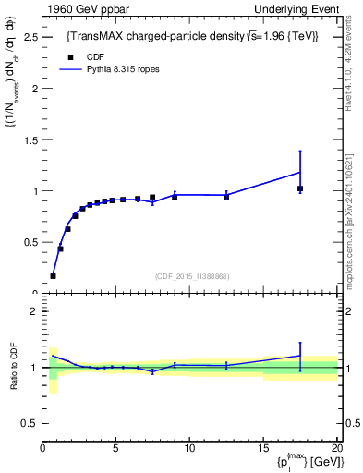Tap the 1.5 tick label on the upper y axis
pos(31,140)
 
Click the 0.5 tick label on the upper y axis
pos(31,242)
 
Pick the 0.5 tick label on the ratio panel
pos(31,423)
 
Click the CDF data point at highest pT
pos(299,188)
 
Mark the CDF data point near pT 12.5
pos(226,197)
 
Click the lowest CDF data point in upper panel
pos(53,275)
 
